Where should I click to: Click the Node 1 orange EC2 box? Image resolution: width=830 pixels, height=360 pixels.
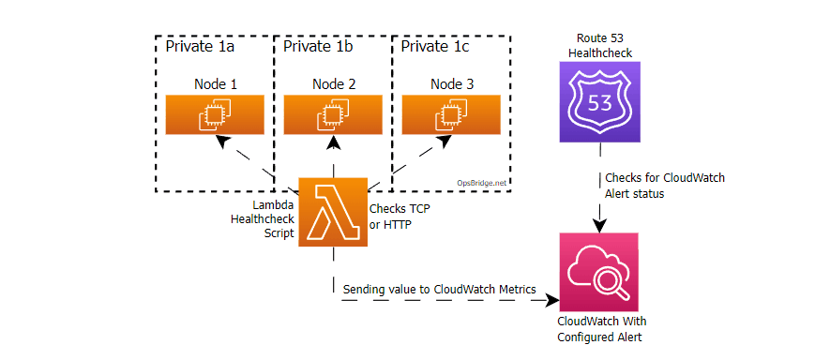(x=215, y=114)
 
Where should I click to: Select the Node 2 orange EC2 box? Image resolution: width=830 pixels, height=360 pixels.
(x=333, y=114)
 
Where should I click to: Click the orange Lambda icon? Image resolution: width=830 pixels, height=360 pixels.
(x=332, y=212)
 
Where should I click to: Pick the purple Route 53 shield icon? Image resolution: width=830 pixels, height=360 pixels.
(x=599, y=102)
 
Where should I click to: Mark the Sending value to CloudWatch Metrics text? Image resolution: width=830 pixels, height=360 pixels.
(x=439, y=290)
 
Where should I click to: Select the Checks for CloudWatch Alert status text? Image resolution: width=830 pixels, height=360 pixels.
(x=663, y=186)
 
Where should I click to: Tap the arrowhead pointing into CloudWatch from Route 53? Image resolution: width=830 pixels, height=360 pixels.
(x=599, y=225)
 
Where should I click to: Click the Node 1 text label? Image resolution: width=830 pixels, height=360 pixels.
(x=215, y=83)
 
